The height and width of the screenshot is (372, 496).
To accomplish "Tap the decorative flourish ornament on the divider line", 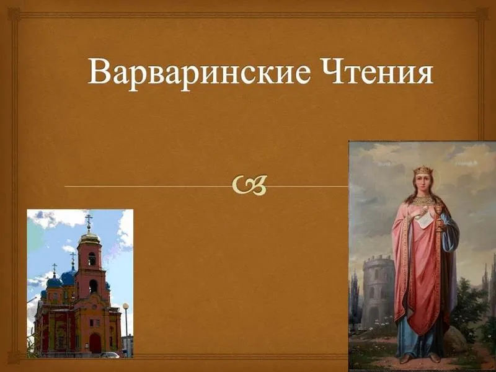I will tap(251, 185).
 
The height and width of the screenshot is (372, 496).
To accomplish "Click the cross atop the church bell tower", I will tap(89, 219).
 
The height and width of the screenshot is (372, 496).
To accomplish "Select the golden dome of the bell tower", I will tap(89, 237).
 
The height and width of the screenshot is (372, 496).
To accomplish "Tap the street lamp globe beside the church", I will tap(126, 306).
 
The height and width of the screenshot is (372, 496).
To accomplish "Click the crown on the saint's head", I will tap(423, 170).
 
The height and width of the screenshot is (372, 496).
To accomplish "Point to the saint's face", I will tap(423, 184).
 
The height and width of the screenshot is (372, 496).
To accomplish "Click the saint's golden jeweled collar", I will tap(423, 201).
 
